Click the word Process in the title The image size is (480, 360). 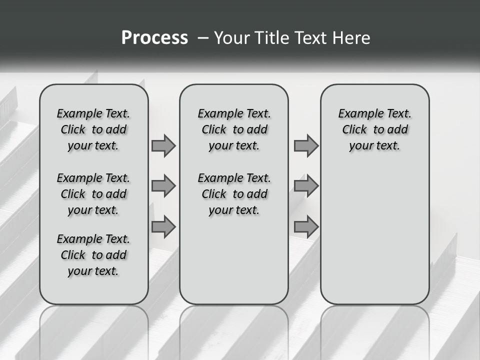pyautogui.click(x=154, y=37)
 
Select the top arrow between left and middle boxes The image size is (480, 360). pyautogui.click(x=163, y=145)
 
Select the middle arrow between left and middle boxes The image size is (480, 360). pyautogui.click(x=163, y=186)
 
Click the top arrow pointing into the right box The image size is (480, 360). pyautogui.click(x=306, y=145)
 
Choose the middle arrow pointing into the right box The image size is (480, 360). pyautogui.click(x=306, y=186)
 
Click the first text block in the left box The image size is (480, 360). pyautogui.click(x=93, y=129)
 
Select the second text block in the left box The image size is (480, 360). pyautogui.click(x=93, y=194)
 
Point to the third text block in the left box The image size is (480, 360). pyautogui.click(x=93, y=255)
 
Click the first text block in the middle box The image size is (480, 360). pyautogui.click(x=234, y=129)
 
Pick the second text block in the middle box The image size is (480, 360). pyautogui.click(x=234, y=194)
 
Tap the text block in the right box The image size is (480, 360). pyautogui.click(x=374, y=129)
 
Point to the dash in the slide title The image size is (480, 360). pyautogui.click(x=203, y=37)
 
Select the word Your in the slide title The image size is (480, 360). pyautogui.click(x=232, y=37)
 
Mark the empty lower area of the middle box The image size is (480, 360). pyautogui.click(x=234, y=260)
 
